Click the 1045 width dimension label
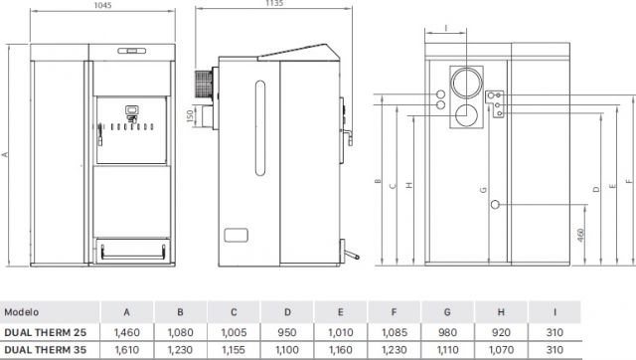[x=102, y=5]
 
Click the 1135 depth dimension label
[x=274, y=3]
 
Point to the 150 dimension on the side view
[x=190, y=116]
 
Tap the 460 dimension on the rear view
[x=580, y=235]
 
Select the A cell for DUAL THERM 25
[x=127, y=332]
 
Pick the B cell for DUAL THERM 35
[x=180, y=349]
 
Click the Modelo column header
[x=22, y=312]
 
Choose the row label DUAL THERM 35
[x=46, y=349]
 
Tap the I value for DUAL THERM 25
[x=555, y=332]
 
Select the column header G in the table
[x=447, y=312]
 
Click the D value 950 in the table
[x=287, y=332]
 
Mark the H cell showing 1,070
[x=501, y=349]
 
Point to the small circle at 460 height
[x=495, y=205]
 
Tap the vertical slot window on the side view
[x=260, y=128]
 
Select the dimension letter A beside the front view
[x=5, y=154]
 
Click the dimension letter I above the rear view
[x=446, y=28]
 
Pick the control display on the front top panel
[x=132, y=51]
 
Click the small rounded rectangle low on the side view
[x=237, y=235]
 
